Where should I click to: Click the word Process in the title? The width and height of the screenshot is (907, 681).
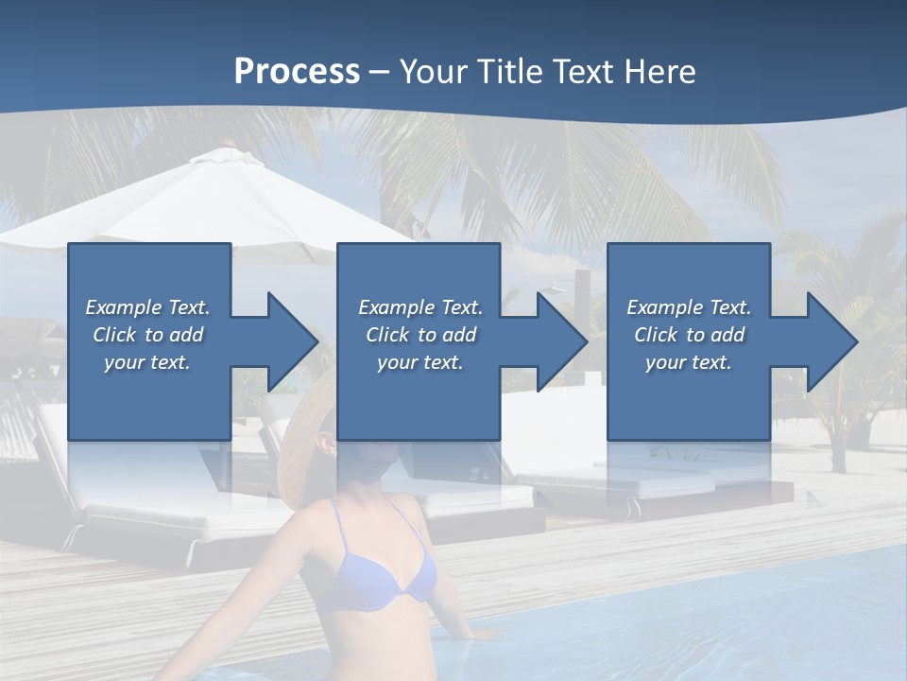coord(297,72)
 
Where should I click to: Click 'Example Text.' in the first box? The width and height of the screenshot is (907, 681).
coord(147,307)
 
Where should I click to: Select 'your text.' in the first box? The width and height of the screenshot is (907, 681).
coord(147,362)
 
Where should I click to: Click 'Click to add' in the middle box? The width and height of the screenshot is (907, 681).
coord(420,335)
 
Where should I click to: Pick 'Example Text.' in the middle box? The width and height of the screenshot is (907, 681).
coord(420,307)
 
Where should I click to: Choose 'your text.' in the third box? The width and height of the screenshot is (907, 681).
coord(689,362)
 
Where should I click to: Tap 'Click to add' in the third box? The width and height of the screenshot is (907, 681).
coord(689,335)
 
